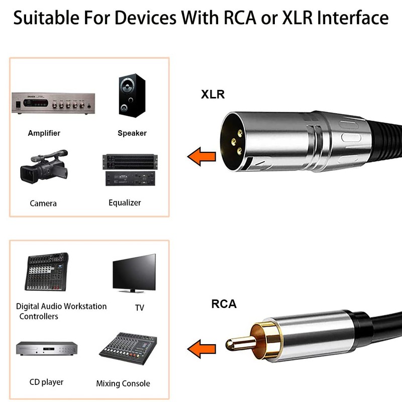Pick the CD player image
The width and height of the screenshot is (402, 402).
click(46, 349)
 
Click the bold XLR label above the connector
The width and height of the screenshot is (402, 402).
click(213, 94)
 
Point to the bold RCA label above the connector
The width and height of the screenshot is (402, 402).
click(224, 304)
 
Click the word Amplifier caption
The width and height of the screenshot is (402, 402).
click(44, 133)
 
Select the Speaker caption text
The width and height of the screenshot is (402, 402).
click(132, 133)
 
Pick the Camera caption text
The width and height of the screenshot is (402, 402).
click(43, 204)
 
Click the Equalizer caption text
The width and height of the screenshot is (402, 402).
click(125, 203)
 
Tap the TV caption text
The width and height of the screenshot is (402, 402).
click(139, 308)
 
